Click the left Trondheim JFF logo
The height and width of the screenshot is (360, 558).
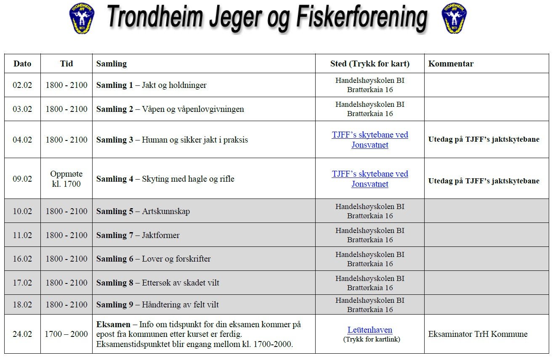(82, 19)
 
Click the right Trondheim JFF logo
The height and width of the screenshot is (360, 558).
(454, 19)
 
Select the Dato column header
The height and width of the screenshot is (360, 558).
(22, 64)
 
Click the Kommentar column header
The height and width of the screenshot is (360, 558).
(451, 64)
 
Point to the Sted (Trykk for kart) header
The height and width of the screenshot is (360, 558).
(369, 64)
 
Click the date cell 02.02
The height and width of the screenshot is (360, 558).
(22, 85)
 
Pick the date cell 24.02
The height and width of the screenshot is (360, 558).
(22, 334)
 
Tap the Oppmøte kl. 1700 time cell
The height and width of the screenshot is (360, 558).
(66, 179)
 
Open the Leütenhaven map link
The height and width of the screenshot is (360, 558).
(369, 330)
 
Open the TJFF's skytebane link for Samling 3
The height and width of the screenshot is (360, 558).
(369, 140)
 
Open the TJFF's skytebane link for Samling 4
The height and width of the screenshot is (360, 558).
(369, 179)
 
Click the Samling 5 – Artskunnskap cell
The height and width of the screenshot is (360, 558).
(143, 211)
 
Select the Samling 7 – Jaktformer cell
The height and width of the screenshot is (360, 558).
(138, 235)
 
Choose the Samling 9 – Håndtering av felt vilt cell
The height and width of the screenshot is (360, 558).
(157, 304)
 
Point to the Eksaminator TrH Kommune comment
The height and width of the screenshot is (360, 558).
(478, 334)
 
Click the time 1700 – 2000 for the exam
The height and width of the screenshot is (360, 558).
(66, 334)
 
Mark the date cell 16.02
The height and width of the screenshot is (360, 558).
(22, 259)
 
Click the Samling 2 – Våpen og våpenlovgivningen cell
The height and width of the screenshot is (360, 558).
(170, 109)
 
